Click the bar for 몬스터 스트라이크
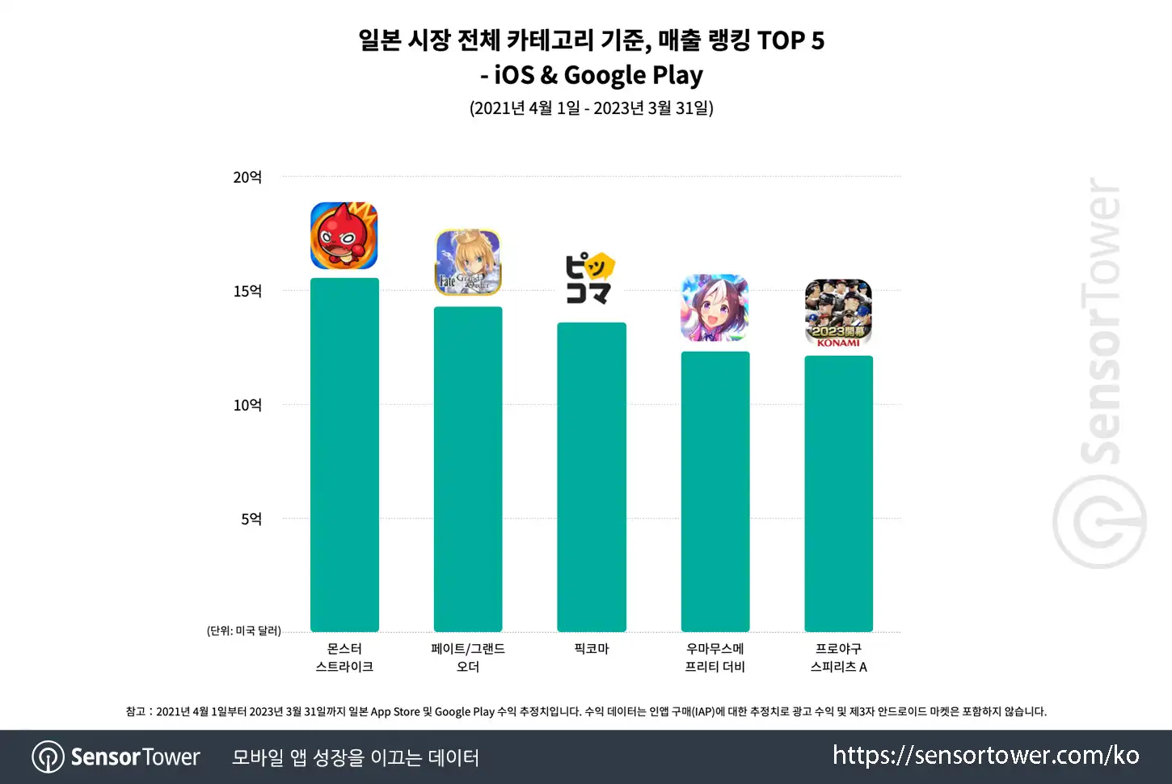344,455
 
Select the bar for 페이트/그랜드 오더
468,469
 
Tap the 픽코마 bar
591,477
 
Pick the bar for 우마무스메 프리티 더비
715,491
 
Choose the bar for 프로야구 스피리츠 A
839,494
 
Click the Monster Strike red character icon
344,235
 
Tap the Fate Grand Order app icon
468,262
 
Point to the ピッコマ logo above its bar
590,278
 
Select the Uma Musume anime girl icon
715,308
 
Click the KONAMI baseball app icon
838,313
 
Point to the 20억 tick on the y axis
247,178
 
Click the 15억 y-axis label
247,291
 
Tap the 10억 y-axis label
247,405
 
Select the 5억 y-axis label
251,519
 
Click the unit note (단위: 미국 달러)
244,630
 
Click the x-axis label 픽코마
591,649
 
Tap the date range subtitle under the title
591,107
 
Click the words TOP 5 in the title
790,40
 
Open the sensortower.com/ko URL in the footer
986,756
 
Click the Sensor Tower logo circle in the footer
48,757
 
